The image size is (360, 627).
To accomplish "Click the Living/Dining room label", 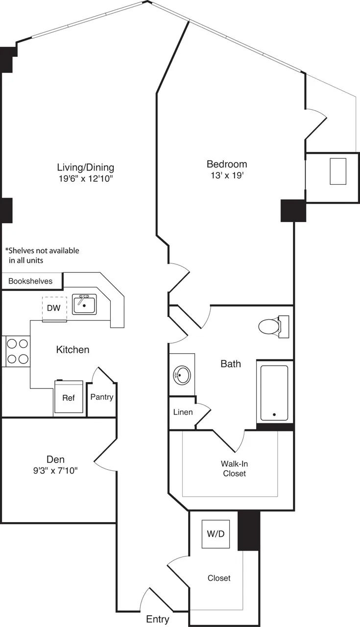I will (86, 167).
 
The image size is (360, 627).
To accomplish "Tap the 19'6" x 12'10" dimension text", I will (86, 179).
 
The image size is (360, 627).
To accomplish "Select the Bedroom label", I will (226, 164).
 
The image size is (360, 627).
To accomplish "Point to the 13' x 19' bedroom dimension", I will (226, 176).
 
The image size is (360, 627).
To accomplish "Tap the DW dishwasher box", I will (54, 309).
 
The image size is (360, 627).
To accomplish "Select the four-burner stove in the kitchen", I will (17, 351).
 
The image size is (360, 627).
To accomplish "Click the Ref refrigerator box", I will (68, 398).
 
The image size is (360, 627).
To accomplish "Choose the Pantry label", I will (101, 397).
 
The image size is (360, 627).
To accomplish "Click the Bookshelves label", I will (30, 281).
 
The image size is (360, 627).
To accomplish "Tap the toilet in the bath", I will (272, 326).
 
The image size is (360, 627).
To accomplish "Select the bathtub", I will (274, 393).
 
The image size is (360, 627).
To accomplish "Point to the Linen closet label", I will (183, 412).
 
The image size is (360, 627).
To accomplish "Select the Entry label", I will (158, 619).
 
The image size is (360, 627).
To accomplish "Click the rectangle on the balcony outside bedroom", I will (337, 171).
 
